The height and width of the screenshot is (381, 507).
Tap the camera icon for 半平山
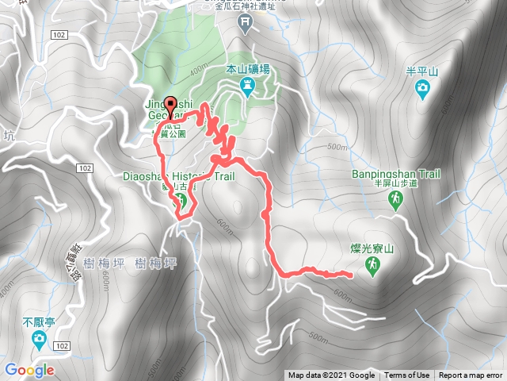coord(425,86)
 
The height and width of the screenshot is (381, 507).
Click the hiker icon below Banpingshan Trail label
coord(394,202)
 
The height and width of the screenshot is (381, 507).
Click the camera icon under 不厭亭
coord(38,341)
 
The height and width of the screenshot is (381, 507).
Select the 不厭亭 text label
coord(38,324)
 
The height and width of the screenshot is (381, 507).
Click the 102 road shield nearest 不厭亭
coord(63,345)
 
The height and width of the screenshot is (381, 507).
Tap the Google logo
coord(29,370)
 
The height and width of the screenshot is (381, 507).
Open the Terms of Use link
coord(407,375)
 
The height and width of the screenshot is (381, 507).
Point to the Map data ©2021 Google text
coord(331,375)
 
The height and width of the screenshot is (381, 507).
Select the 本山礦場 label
coord(247,70)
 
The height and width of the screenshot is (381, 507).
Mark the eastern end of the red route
coord(350,275)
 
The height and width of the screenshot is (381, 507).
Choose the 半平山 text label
coord(425,69)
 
